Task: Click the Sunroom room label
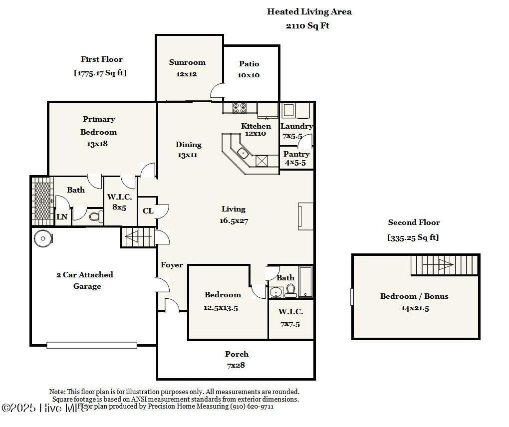coord(187,62)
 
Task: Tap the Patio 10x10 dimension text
coord(249,75)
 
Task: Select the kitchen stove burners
coord(240,108)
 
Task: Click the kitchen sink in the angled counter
coord(243,153)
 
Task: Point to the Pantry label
coord(296,154)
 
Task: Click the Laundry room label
coord(296,126)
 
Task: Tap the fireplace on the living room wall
coord(305,216)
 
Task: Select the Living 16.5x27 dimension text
coord(234,221)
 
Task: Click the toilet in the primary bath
coord(96,216)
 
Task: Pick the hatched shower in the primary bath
coord(42,201)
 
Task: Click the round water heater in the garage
coord(43,238)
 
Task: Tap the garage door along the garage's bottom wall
coord(91,345)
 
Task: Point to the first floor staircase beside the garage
coord(139,237)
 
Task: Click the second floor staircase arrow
coord(438,264)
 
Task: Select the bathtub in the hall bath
coord(305,282)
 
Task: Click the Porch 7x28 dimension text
coord(236,365)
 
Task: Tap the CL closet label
coord(148,211)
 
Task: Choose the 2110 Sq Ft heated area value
coord(307,25)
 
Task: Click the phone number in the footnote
coord(252,406)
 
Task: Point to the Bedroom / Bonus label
coord(414,296)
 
